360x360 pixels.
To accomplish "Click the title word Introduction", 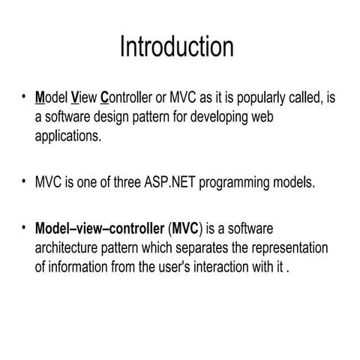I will point(177,46).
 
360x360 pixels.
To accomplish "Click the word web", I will point(293,118).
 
